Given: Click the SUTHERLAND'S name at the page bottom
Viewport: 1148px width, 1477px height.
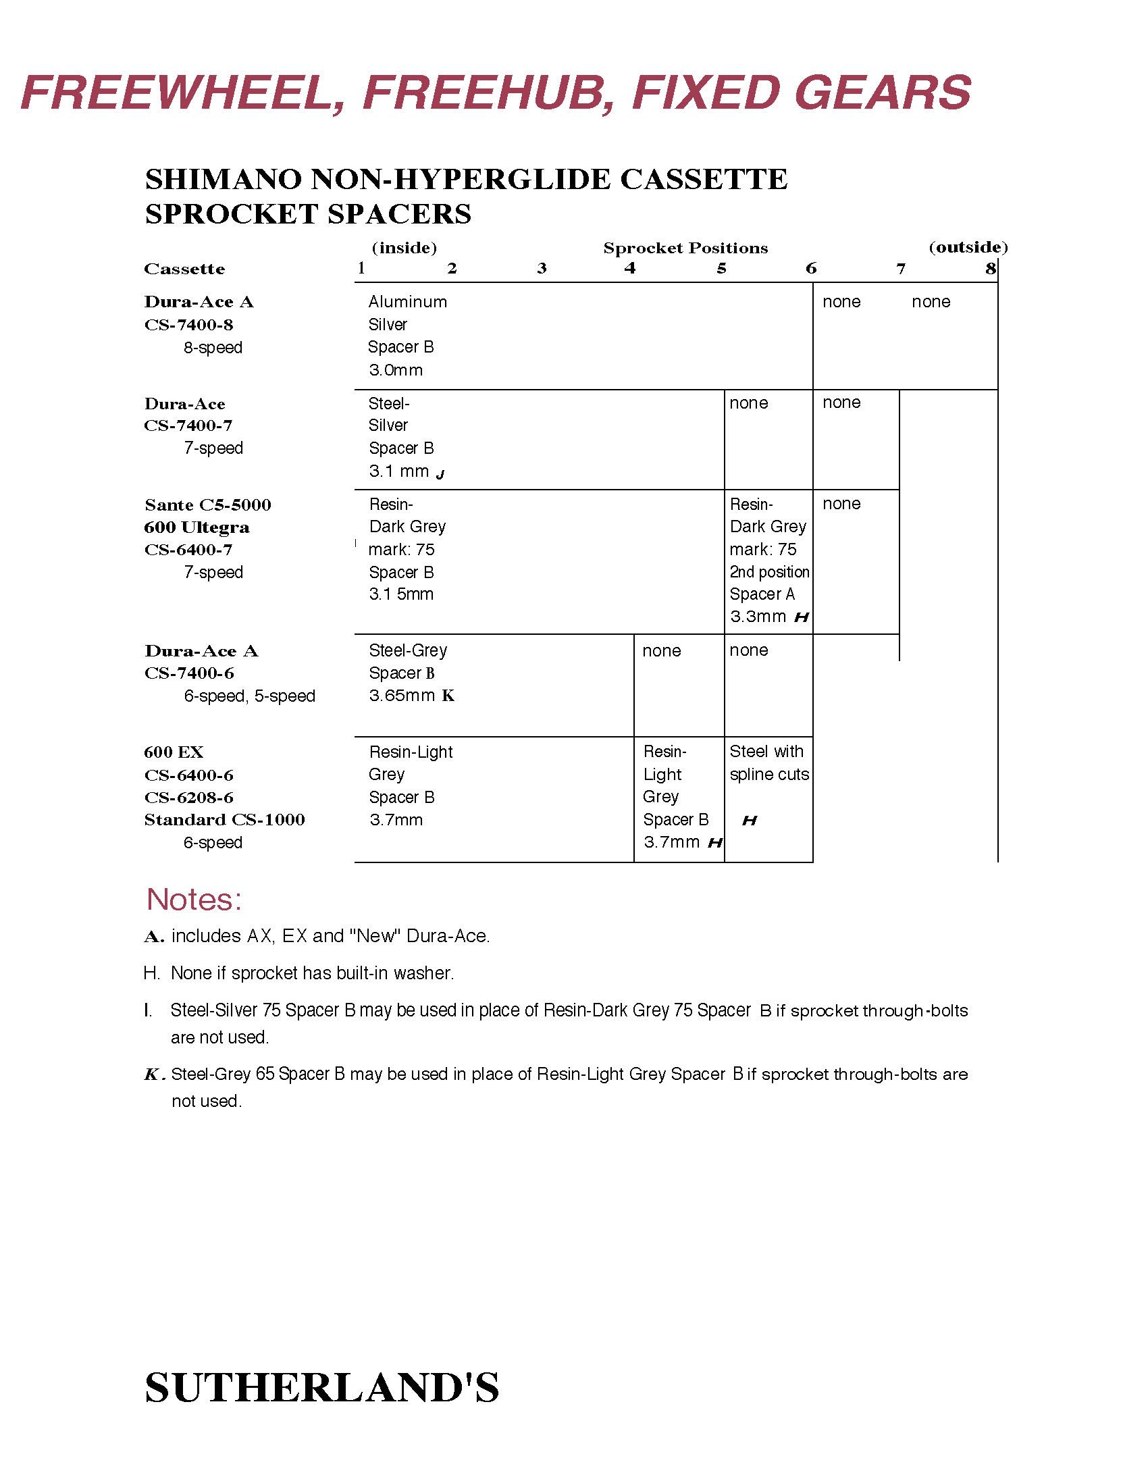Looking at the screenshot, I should [x=322, y=1389].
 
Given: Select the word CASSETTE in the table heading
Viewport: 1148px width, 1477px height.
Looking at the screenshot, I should [x=703, y=180].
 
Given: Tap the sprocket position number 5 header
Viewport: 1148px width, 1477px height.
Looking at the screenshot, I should [x=721, y=269].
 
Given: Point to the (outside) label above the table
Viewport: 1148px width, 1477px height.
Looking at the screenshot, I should [x=968, y=248].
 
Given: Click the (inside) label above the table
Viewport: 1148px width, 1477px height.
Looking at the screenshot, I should [x=405, y=249].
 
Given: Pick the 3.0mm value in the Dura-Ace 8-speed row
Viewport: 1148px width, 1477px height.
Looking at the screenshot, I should [x=396, y=371].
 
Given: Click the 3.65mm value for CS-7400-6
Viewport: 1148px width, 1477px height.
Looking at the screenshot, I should [x=402, y=696].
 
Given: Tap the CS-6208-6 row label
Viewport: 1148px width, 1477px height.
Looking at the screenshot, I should [x=188, y=798].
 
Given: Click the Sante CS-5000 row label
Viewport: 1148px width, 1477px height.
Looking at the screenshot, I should [x=207, y=505].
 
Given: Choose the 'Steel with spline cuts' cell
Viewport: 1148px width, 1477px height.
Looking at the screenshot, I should [x=768, y=764].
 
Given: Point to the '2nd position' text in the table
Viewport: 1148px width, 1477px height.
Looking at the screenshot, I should [x=769, y=572].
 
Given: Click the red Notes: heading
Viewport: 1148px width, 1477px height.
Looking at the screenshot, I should [x=194, y=900].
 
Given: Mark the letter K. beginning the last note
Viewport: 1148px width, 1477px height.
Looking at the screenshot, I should [x=154, y=1074].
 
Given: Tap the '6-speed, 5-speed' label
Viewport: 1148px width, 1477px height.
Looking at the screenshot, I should [x=249, y=696].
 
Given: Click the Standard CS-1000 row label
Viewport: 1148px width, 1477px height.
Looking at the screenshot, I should [x=224, y=821].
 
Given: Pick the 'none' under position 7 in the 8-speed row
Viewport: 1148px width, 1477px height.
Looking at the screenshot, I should [x=931, y=303].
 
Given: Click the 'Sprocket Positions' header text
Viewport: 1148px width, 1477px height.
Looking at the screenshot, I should [x=685, y=249].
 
